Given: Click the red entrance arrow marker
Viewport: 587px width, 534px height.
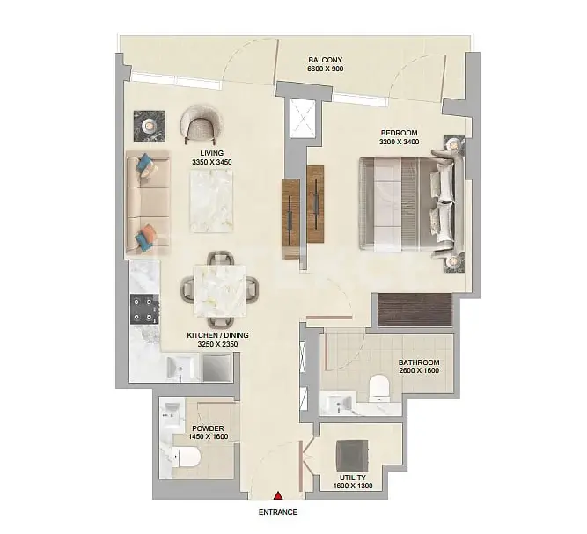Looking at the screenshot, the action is pos(278,496).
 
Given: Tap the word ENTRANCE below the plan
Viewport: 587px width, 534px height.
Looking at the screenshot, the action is pos(278,512).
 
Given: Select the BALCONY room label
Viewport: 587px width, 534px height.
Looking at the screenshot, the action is pos(326,60).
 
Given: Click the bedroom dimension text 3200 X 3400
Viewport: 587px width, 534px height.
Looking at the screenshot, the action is pos(399,142).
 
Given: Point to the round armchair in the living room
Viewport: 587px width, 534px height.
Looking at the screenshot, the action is pos(201,124).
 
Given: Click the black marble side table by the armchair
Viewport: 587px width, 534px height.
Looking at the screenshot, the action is pos(150,126).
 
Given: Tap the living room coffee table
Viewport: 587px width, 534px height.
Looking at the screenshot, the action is pos(212,201).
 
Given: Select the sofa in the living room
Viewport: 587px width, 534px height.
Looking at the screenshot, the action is pos(148,203).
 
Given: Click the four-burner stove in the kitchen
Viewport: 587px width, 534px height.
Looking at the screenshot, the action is pos(145,309).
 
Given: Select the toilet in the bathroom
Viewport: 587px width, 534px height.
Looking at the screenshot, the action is pos(379,389).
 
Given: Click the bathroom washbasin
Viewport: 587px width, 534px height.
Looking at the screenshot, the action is pos(338,403).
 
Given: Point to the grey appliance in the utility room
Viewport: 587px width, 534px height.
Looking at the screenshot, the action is pos(352,456).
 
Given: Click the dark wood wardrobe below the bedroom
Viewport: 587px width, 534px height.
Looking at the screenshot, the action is pos(415,310).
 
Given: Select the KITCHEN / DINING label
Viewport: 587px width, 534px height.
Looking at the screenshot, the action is pos(217,335).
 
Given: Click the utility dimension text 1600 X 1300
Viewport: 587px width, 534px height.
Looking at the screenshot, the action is pos(353,486).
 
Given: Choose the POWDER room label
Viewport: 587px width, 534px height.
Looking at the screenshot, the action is pos(208,428).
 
